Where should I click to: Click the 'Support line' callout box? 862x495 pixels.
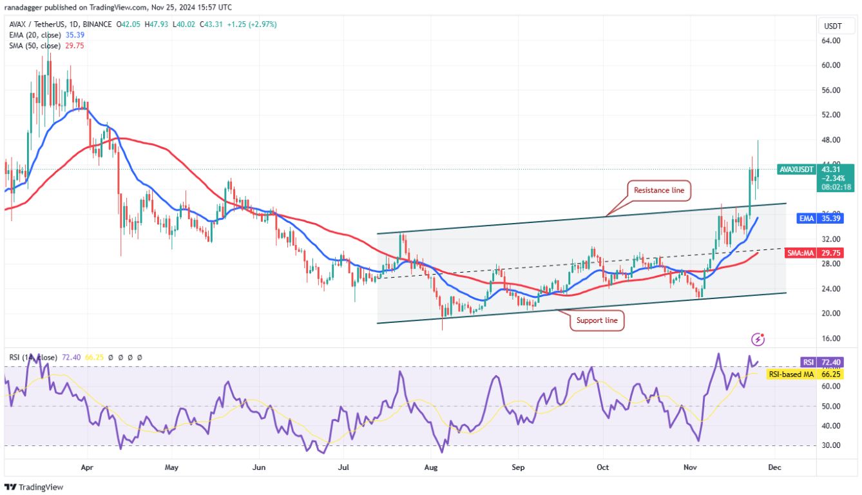(597, 320)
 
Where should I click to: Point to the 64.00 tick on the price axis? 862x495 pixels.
(831, 41)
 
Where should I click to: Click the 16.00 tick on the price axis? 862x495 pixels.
(831, 338)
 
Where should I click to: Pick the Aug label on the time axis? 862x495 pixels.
(432, 467)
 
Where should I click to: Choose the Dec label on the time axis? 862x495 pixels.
(775, 467)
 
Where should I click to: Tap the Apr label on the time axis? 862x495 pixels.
(88, 467)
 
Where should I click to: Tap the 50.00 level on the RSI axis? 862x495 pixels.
(831, 406)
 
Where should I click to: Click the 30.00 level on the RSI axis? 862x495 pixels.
(831, 445)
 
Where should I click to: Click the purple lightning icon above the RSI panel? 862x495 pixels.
(759, 339)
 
